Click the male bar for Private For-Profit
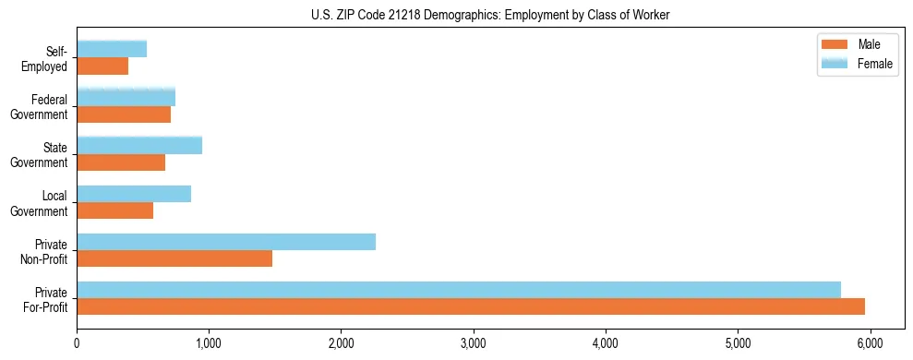coord(471,306)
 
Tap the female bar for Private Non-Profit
coord(226,242)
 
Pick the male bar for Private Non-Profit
coord(174,258)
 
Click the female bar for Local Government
coord(134,194)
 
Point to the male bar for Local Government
coord(115,210)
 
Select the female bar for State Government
coord(139,146)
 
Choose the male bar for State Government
coord(121,162)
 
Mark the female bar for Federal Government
coord(126,98)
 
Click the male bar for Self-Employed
coord(102,66)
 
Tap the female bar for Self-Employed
coord(112,50)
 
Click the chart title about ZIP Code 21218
coord(489,14)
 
